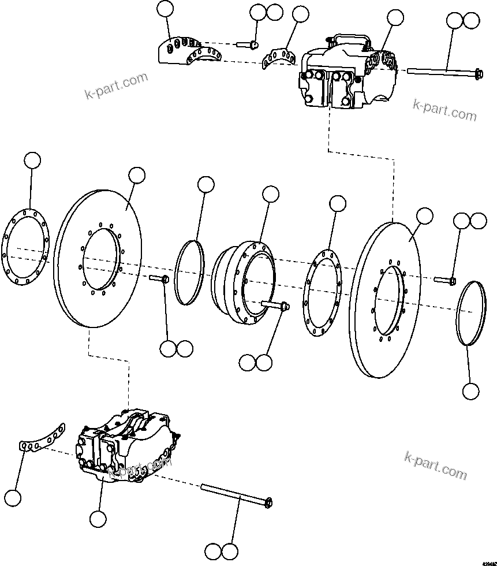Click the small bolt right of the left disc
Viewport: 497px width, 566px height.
click(x=159, y=279)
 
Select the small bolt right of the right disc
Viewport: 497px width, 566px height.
click(x=444, y=281)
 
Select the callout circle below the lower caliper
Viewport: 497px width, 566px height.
click(x=99, y=519)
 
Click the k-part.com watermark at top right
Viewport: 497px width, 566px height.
click(x=445, y=110)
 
